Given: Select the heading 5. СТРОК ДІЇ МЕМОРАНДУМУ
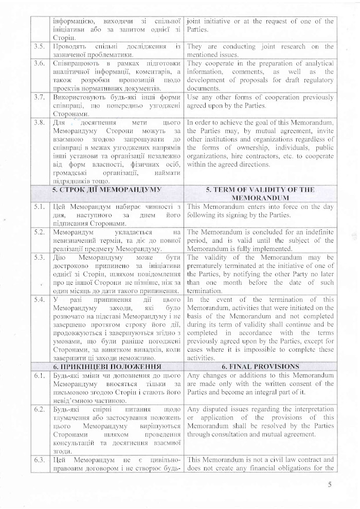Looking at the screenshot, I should click(x=105, y=190).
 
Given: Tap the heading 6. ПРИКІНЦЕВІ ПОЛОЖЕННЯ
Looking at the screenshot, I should click(x=105, y=367).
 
